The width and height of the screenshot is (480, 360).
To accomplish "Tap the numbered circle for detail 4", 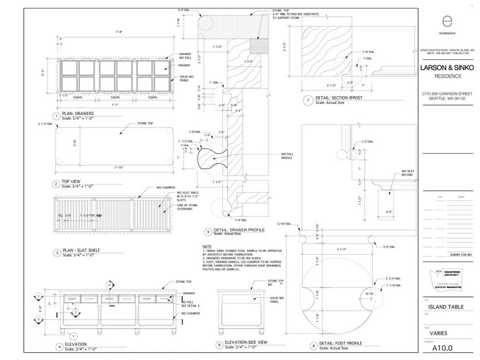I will pos(59,346).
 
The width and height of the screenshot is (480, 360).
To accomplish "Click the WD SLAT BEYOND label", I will pos(407,172).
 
